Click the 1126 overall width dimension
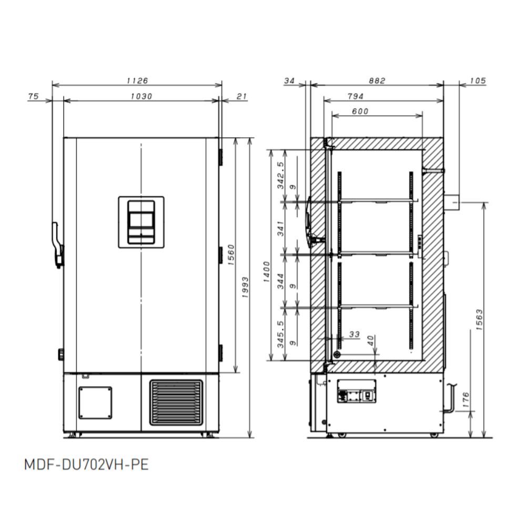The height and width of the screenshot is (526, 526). point(137,80)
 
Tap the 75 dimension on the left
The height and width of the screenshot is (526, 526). point(33,96)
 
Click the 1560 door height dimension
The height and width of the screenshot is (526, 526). point(230,255)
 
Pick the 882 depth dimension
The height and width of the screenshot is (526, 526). point(377,80)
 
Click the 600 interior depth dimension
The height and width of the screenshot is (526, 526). point(360,111)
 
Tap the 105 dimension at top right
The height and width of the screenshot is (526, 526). point(477,80)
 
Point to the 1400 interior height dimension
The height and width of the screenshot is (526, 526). point(267,272)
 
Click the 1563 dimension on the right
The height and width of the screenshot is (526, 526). point(479,319)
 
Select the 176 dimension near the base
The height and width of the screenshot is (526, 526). point(466,398)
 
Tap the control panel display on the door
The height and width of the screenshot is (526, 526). point(141,221)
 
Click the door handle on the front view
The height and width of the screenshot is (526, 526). point(57,244)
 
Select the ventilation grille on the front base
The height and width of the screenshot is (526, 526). point(176,402)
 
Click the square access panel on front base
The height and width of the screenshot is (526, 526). point(95,402)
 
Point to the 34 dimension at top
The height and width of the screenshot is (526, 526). point(289,80)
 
